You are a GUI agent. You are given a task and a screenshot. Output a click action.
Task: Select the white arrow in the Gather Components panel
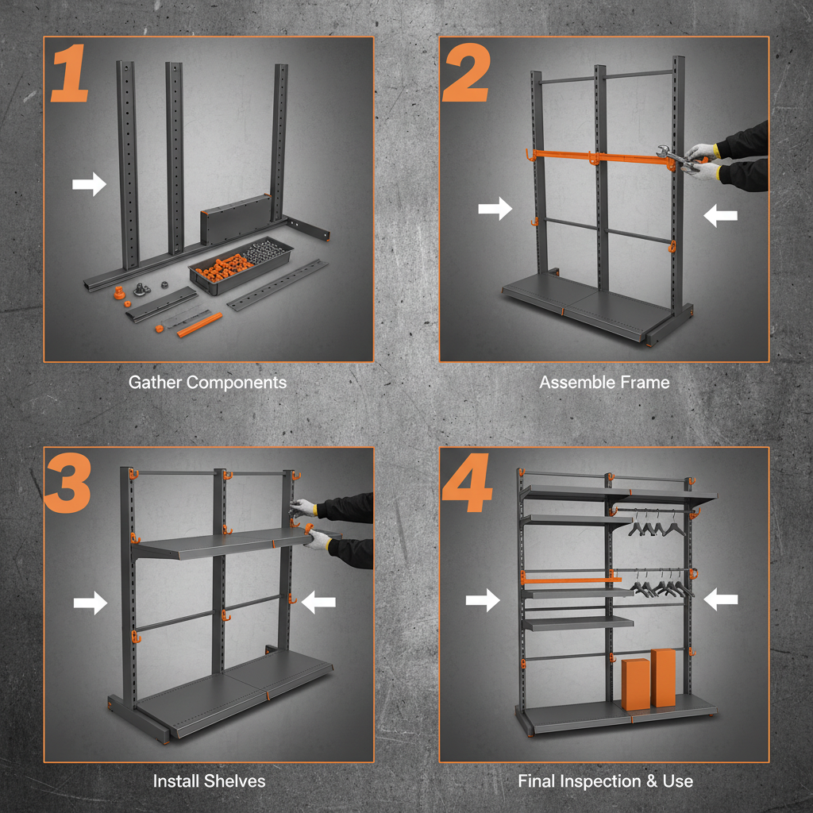coord(89,185)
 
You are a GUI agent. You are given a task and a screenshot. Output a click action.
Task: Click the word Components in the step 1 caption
coord(237,383)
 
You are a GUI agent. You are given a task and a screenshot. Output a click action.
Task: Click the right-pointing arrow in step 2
coord(495,210)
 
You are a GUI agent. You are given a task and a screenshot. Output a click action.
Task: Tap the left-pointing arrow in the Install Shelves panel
coord(319,603)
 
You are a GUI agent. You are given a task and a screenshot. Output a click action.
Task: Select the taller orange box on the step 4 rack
coord(663,677)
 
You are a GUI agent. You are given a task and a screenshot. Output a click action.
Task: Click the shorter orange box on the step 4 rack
coord(635,684)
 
